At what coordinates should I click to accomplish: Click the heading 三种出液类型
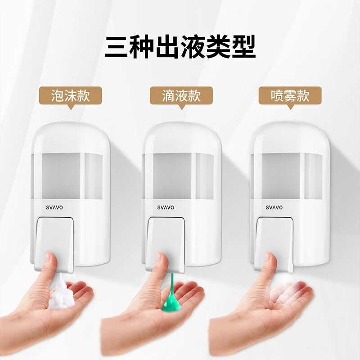[x=180, y=47]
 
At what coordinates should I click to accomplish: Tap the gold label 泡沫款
[x=71, y=96]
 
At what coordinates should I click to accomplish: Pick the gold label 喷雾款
[x=290, y=96]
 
